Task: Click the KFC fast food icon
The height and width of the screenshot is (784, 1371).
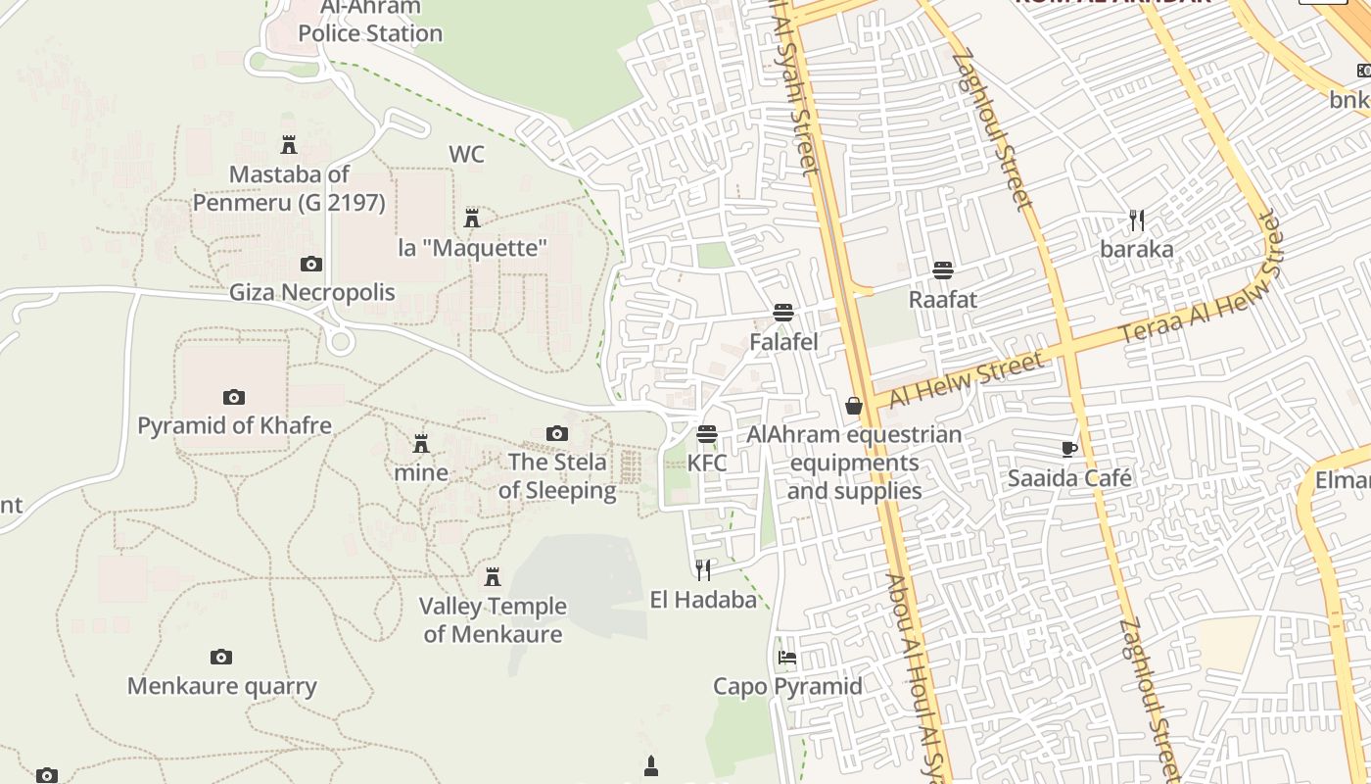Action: (707, 433)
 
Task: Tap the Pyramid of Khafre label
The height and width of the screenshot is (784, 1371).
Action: (234, 426)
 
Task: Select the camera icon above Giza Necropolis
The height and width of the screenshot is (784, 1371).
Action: (310, 264)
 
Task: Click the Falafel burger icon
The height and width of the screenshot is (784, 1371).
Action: (782, 313)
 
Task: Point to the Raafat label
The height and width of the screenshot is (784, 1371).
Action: (942, 300)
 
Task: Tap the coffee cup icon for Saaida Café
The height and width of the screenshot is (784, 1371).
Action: (1069, 449)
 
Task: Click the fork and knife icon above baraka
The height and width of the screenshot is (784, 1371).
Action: (1136, 220)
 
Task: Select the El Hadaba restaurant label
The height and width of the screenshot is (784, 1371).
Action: (703, 600)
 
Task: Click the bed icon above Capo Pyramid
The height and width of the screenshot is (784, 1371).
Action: (786, 657)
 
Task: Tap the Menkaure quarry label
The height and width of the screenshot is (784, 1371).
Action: (222, 686)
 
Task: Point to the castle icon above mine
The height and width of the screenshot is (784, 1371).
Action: (421, 444)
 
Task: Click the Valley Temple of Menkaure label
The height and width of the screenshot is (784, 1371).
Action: (493, 620)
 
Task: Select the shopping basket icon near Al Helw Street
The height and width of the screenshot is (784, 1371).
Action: (854, 405)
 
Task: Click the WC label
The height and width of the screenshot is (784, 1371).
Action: (466, 155)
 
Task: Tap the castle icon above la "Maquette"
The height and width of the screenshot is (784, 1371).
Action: (472, 218)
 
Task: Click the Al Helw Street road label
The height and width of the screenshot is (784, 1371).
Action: (967, 381)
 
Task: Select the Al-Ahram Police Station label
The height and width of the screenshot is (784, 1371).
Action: (369, 22)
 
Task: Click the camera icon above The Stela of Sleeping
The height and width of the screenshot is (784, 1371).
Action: (556, 433)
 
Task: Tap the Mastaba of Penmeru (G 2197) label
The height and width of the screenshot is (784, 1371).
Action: (288, 189)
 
